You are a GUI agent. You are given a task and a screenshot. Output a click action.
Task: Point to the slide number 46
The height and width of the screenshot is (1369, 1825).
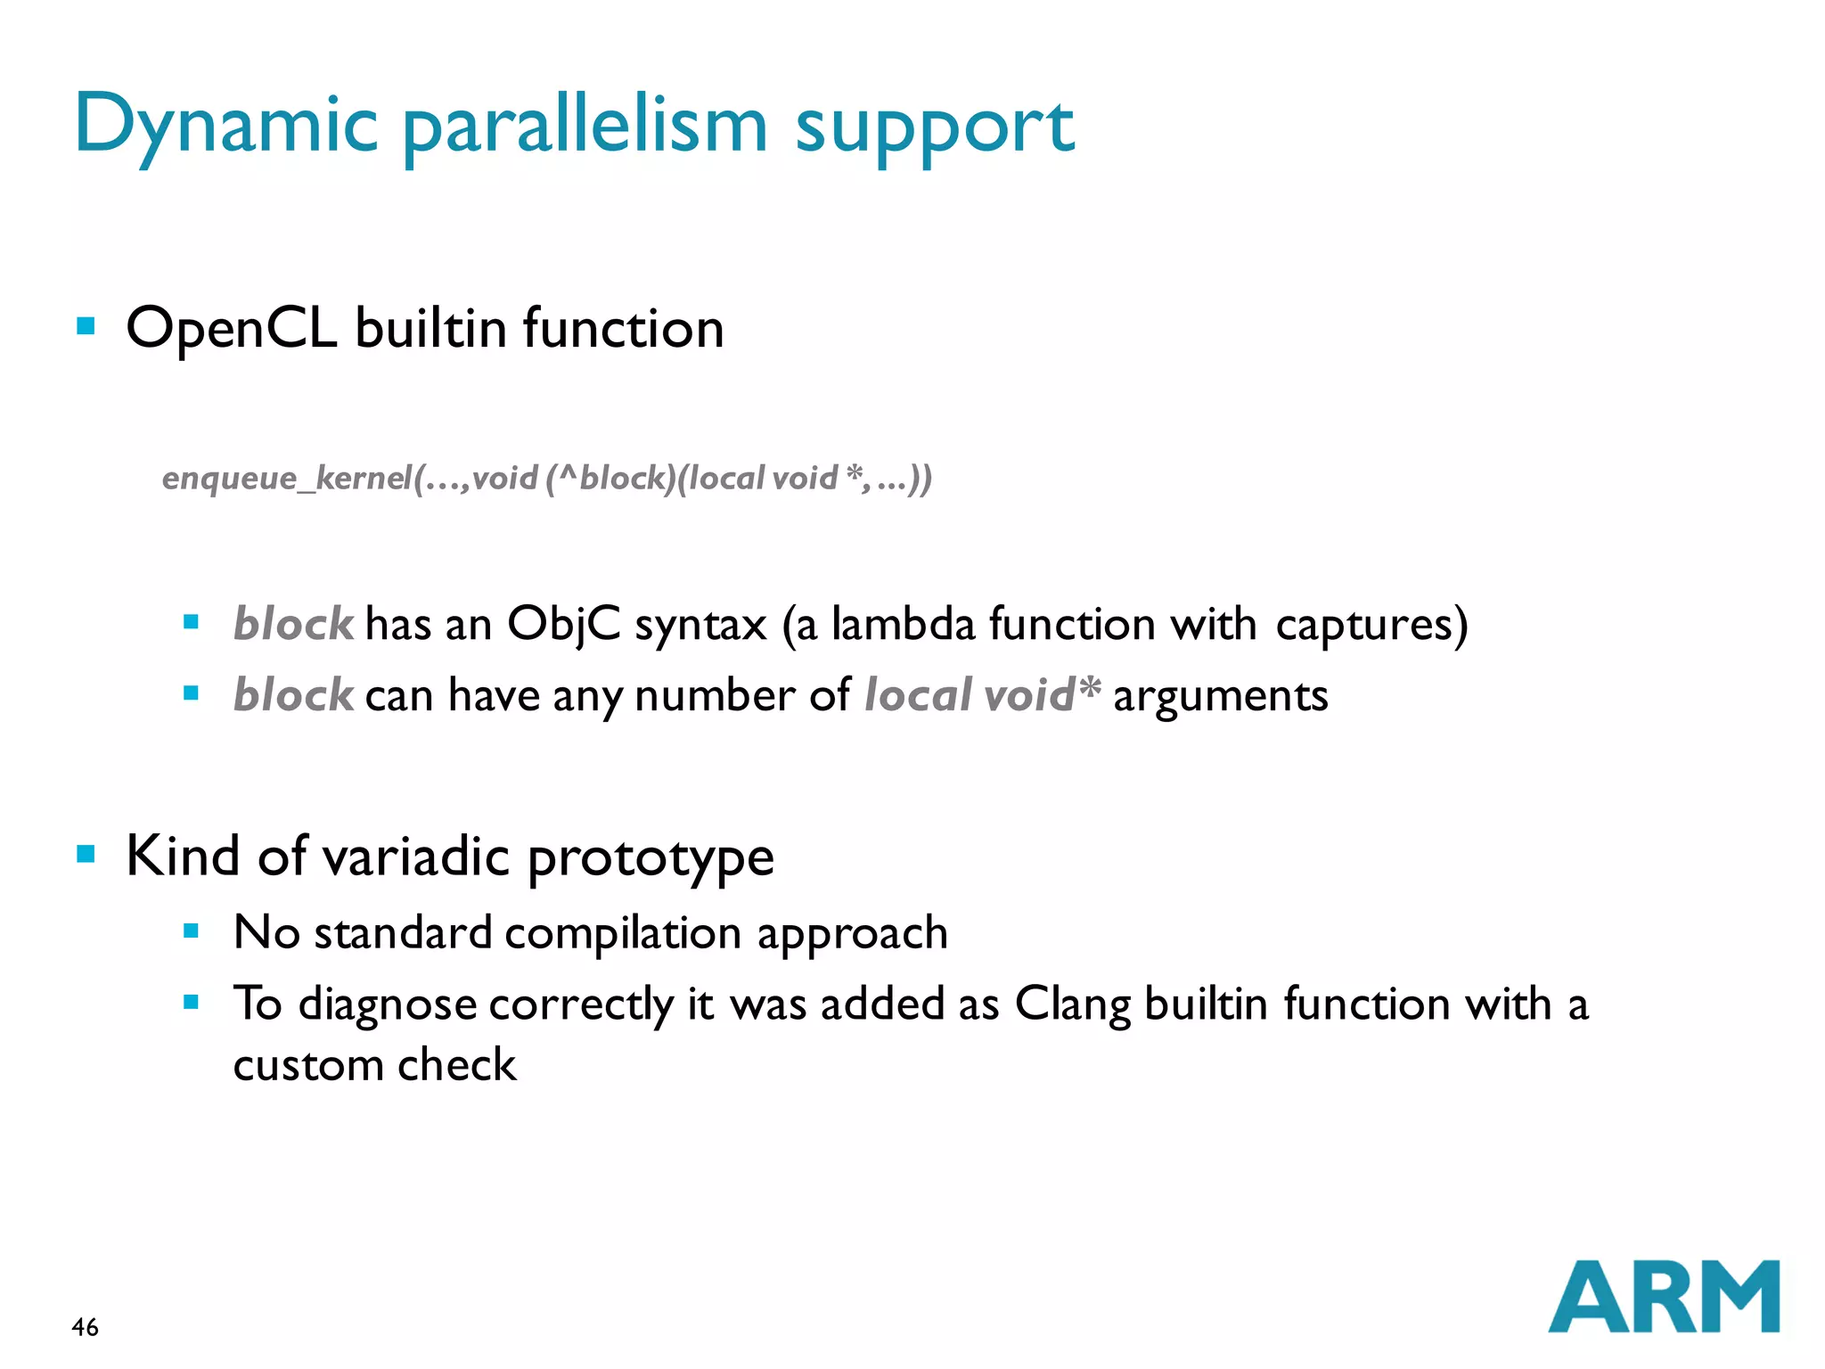click(x=85, y=1327)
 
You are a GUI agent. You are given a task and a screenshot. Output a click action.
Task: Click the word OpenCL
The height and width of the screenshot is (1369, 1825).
click(x=231, y=329)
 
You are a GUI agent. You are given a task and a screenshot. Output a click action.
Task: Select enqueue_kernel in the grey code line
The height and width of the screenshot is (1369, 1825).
click(x=285, y=479)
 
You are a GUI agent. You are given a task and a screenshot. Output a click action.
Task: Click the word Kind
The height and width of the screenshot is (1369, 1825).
click(x=183, y=856)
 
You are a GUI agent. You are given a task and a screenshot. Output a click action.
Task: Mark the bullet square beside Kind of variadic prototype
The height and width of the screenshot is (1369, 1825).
click(x=86, y=855)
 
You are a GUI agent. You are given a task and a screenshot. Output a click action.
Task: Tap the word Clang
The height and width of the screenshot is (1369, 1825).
click(x=1073, y=1005)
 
